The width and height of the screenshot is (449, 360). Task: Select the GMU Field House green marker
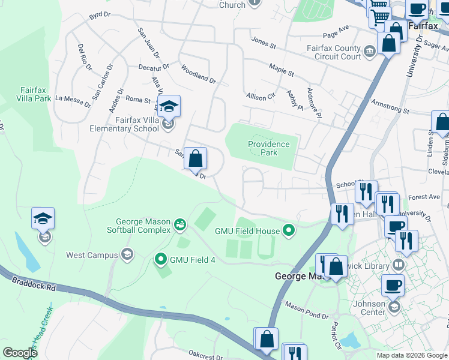(x=289, y=230)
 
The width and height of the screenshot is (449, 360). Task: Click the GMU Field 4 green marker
(x=161, y=260)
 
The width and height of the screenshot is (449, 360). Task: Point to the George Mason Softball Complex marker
(x=179, y=225)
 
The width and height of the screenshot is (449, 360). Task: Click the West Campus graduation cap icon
(x=127, y=255)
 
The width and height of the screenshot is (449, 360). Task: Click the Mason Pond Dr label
(x=306, y=311)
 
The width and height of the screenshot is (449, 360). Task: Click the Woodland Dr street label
(x=197, y=74)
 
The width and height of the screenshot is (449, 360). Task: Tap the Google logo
(x=20, y=352)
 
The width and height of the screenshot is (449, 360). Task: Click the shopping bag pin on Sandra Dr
(x=195, y=159)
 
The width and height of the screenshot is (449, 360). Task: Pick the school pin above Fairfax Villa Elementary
(x=169, y=107)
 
